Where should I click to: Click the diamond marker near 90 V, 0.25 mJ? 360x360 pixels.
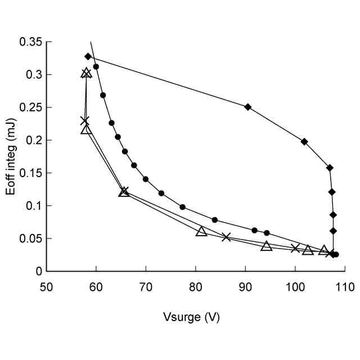click(x=247, y=107)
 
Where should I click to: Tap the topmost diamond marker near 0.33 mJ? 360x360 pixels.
click(x=88, y=56)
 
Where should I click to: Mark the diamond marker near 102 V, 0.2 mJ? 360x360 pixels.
click(x=304, y=142)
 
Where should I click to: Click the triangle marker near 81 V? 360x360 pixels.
click(x=201, y=231)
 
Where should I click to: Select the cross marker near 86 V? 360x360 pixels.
click(x=226, y=237)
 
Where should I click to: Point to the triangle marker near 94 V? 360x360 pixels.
click(x=267, y=246)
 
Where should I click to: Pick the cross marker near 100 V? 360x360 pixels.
click(x=295, y=248)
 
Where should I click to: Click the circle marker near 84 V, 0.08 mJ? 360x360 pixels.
click(x=215, y=220)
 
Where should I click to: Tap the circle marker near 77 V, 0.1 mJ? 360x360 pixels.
click(x=182, y=207)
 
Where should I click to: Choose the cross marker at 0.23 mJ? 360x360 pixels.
click(x=85, y=121)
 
